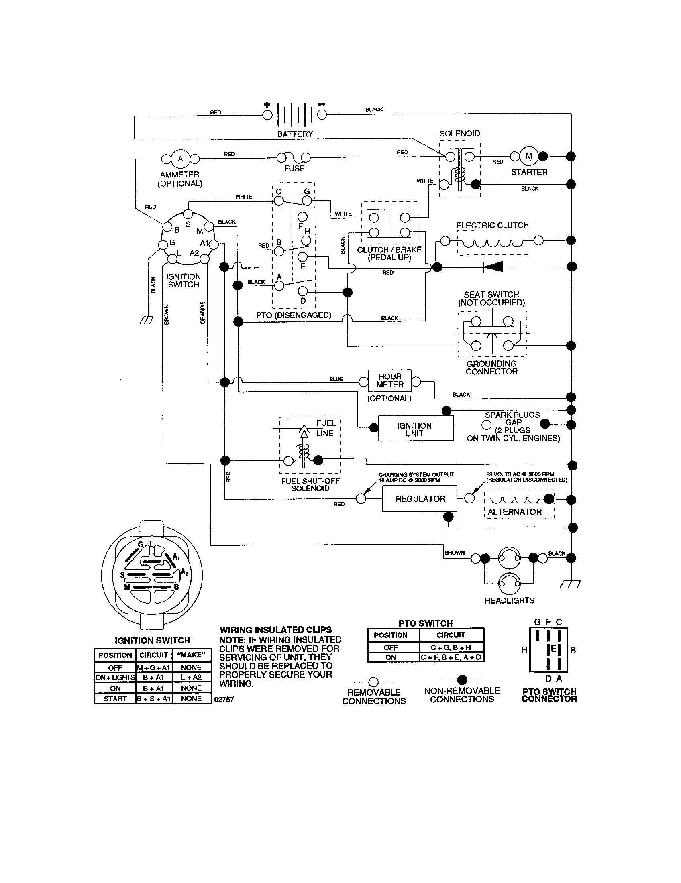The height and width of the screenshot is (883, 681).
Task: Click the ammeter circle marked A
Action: pyautogui.click(x=180, y=159)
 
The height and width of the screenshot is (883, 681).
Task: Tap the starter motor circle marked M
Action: pyautogui.click(x=529, y=156)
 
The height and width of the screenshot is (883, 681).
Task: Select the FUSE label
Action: pyautogui.click(x=294, y=169)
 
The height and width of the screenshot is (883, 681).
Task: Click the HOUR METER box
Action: pyautogui.click(x=389, y=380)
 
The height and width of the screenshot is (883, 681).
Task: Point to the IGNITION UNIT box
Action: pyautogui.click(x=415, y=429)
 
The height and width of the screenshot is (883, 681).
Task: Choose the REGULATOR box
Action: pyautogui.click(x=420, y=499)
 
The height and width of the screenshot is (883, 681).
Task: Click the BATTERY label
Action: pyautogui.click(x=295, y=134)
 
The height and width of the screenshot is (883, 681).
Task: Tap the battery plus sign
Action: pyautogui.click(x=267, y=105)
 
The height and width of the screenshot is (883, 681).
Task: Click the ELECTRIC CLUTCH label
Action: pyautogui.click(x=492, y=225)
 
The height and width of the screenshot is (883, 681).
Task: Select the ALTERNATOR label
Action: pyautogui.click(x=514, y=512)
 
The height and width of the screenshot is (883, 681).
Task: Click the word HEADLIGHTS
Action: pyautogui.click(x=509, y=601)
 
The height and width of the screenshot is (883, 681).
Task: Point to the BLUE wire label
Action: pyautogui.click(x=336, y=379)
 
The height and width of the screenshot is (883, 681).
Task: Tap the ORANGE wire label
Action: pyautogui.click(x=203, y=313)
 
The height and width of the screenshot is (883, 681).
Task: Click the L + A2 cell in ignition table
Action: pyautogui.click(x=191, y=677)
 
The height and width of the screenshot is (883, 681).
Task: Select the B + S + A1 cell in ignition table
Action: pyautogui.click(x=154, y=699)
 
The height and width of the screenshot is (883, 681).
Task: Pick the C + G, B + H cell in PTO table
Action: pyautogui.click(x=451, y=647)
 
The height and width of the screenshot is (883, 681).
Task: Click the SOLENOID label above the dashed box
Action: pyautogui.click(x=459, y=133)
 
